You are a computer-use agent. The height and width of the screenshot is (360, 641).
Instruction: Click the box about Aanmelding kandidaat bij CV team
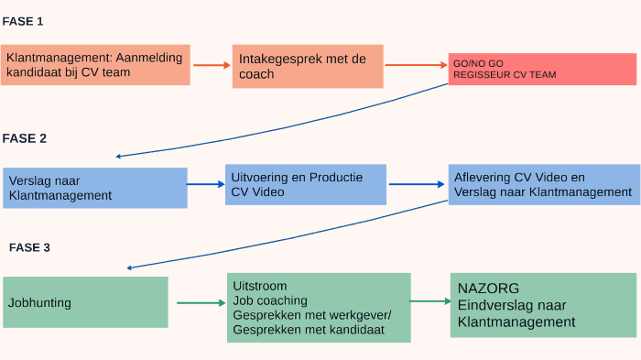point(95,65)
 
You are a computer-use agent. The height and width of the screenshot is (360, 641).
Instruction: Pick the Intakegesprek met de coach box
point(307,66)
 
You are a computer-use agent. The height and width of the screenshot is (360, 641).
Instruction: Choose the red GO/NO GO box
point(542,69)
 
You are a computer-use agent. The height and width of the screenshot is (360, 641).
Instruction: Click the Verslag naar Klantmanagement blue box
point(95,188)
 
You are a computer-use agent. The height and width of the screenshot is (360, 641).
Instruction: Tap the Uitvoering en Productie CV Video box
point(306,184)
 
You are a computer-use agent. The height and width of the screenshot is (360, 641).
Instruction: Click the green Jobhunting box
point(85,302)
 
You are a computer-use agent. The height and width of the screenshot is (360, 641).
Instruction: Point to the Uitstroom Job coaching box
point(319,308)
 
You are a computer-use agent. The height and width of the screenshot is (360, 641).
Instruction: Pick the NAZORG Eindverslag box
point(543,305)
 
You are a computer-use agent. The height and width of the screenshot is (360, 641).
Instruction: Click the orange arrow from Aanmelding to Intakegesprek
point(212,65)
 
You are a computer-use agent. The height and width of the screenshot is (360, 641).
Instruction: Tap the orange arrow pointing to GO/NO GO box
point(416,65)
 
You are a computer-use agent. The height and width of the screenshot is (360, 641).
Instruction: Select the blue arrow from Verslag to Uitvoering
point(206,185)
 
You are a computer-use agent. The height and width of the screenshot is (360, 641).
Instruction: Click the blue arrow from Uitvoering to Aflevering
point(418,184)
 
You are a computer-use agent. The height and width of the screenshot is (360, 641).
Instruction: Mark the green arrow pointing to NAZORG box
point(429,300)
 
